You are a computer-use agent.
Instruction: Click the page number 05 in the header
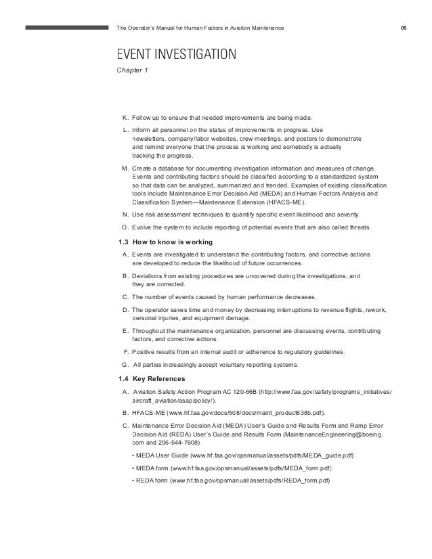(404, 28)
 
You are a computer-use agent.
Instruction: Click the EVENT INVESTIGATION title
(177, 53)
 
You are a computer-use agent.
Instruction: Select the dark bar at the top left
(67, 28)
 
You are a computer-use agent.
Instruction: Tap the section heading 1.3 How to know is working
(165, 242)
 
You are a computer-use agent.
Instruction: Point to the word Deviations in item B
(148, 276)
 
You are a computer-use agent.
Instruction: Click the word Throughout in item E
(150, 330)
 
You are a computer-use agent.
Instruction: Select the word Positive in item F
(145, 352)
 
